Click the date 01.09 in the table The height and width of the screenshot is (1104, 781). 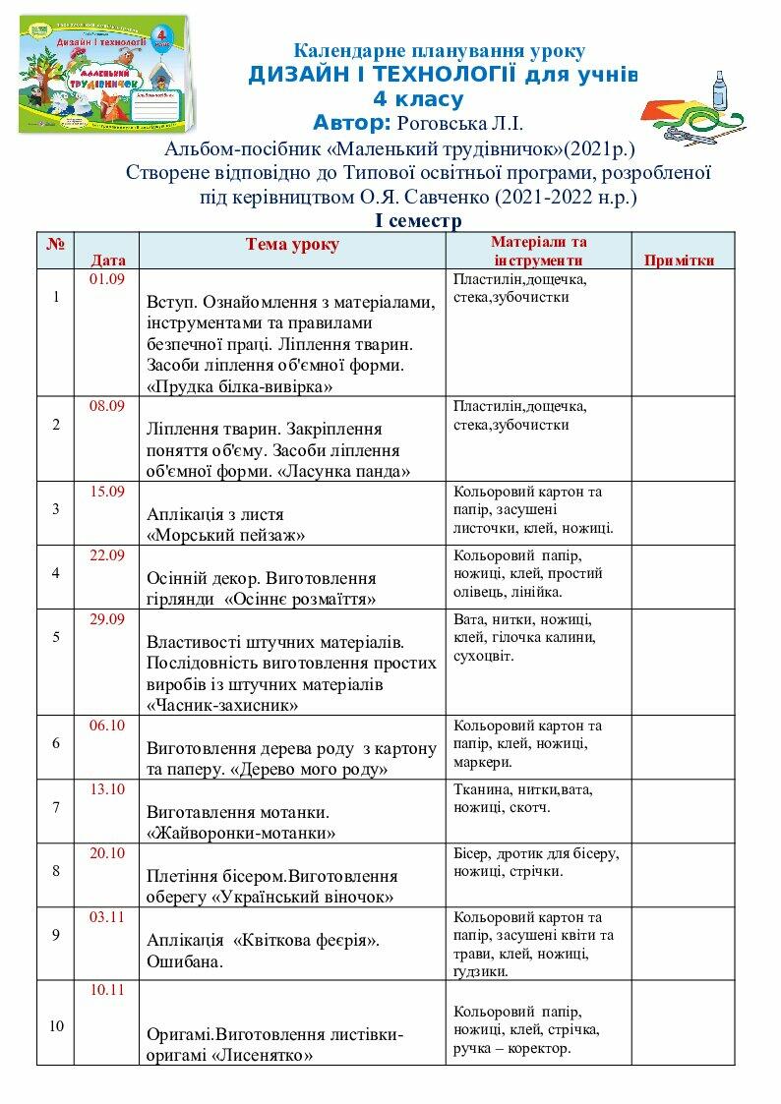(107, 279)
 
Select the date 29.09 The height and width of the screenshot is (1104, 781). (107, 618)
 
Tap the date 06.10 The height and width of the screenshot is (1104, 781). (107, 726)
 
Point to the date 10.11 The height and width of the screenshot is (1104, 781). (107, 990)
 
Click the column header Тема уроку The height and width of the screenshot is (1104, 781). (292, 245)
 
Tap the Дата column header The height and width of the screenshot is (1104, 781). (108, 261)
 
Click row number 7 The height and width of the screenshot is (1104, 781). (56, 808)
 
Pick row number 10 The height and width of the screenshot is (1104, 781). (56, 1025)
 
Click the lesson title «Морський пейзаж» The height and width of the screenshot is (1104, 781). (225, 536)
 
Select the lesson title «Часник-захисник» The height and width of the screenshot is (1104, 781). (223, 705)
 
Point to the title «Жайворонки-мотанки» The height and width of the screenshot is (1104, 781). (241, 833)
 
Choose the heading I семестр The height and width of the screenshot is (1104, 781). (418, 221)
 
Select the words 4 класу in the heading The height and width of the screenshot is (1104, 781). (418, 98)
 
